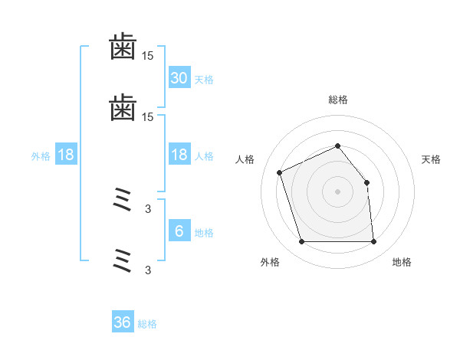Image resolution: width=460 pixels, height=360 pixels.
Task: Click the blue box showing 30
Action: click(x=179, y=77)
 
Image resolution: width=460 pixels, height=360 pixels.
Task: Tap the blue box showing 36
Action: click(x=123, y=322)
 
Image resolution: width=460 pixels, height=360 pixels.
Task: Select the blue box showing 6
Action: click(x=179, y=231)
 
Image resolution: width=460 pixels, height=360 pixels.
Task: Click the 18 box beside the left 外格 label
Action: click(x=66, y=155)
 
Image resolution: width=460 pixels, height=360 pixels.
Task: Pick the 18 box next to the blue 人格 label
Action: click(x=179, y=155)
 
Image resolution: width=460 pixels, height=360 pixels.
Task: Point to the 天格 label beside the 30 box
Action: click(x=204, y=79)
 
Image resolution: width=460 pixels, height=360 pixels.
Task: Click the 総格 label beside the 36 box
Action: click(x=147, y=324)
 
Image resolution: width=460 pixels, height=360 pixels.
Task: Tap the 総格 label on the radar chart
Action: click(x=337, y=100)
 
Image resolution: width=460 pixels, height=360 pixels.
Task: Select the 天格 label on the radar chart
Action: click(x=432, y=159)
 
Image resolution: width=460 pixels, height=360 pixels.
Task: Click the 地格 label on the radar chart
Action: click(x=402, y=262)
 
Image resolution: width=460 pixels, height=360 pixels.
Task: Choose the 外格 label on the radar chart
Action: click(x=270, y=262)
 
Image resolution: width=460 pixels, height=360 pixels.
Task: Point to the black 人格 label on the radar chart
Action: click(x=245, y=159)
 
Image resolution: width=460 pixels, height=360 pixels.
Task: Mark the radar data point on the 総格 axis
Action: click(x=337, y=146)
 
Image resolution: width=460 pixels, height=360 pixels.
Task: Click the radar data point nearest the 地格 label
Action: click(x=374, y=242)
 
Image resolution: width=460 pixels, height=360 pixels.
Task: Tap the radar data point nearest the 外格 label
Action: click(x=301, y=242)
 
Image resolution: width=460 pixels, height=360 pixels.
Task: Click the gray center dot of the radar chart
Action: click(x=337, y=191)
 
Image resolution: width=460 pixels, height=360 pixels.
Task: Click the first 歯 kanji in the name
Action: click(x=123, y=48)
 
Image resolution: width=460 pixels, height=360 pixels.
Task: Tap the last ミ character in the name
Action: click(x=123, y=260)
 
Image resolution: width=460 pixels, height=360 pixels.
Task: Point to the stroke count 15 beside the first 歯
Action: click(x=147, y=56)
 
